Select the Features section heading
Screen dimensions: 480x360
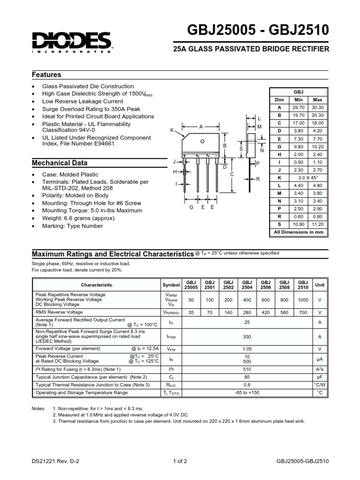46,75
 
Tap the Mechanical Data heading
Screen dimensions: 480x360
59,163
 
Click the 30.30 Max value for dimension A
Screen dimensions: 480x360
317,107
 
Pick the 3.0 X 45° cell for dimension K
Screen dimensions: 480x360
308,179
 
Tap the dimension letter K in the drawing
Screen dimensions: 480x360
172,129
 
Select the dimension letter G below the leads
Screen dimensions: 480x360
191,207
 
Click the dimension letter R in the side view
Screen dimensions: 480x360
258,179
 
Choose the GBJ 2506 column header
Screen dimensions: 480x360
266,285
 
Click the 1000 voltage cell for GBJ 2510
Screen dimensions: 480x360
303,299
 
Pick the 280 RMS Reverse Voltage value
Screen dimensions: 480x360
247,312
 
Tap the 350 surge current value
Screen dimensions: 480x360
247,336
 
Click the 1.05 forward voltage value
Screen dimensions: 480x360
247,349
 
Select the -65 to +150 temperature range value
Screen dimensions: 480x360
247,392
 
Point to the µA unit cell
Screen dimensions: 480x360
320,359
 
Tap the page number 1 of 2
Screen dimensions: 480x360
180,461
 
